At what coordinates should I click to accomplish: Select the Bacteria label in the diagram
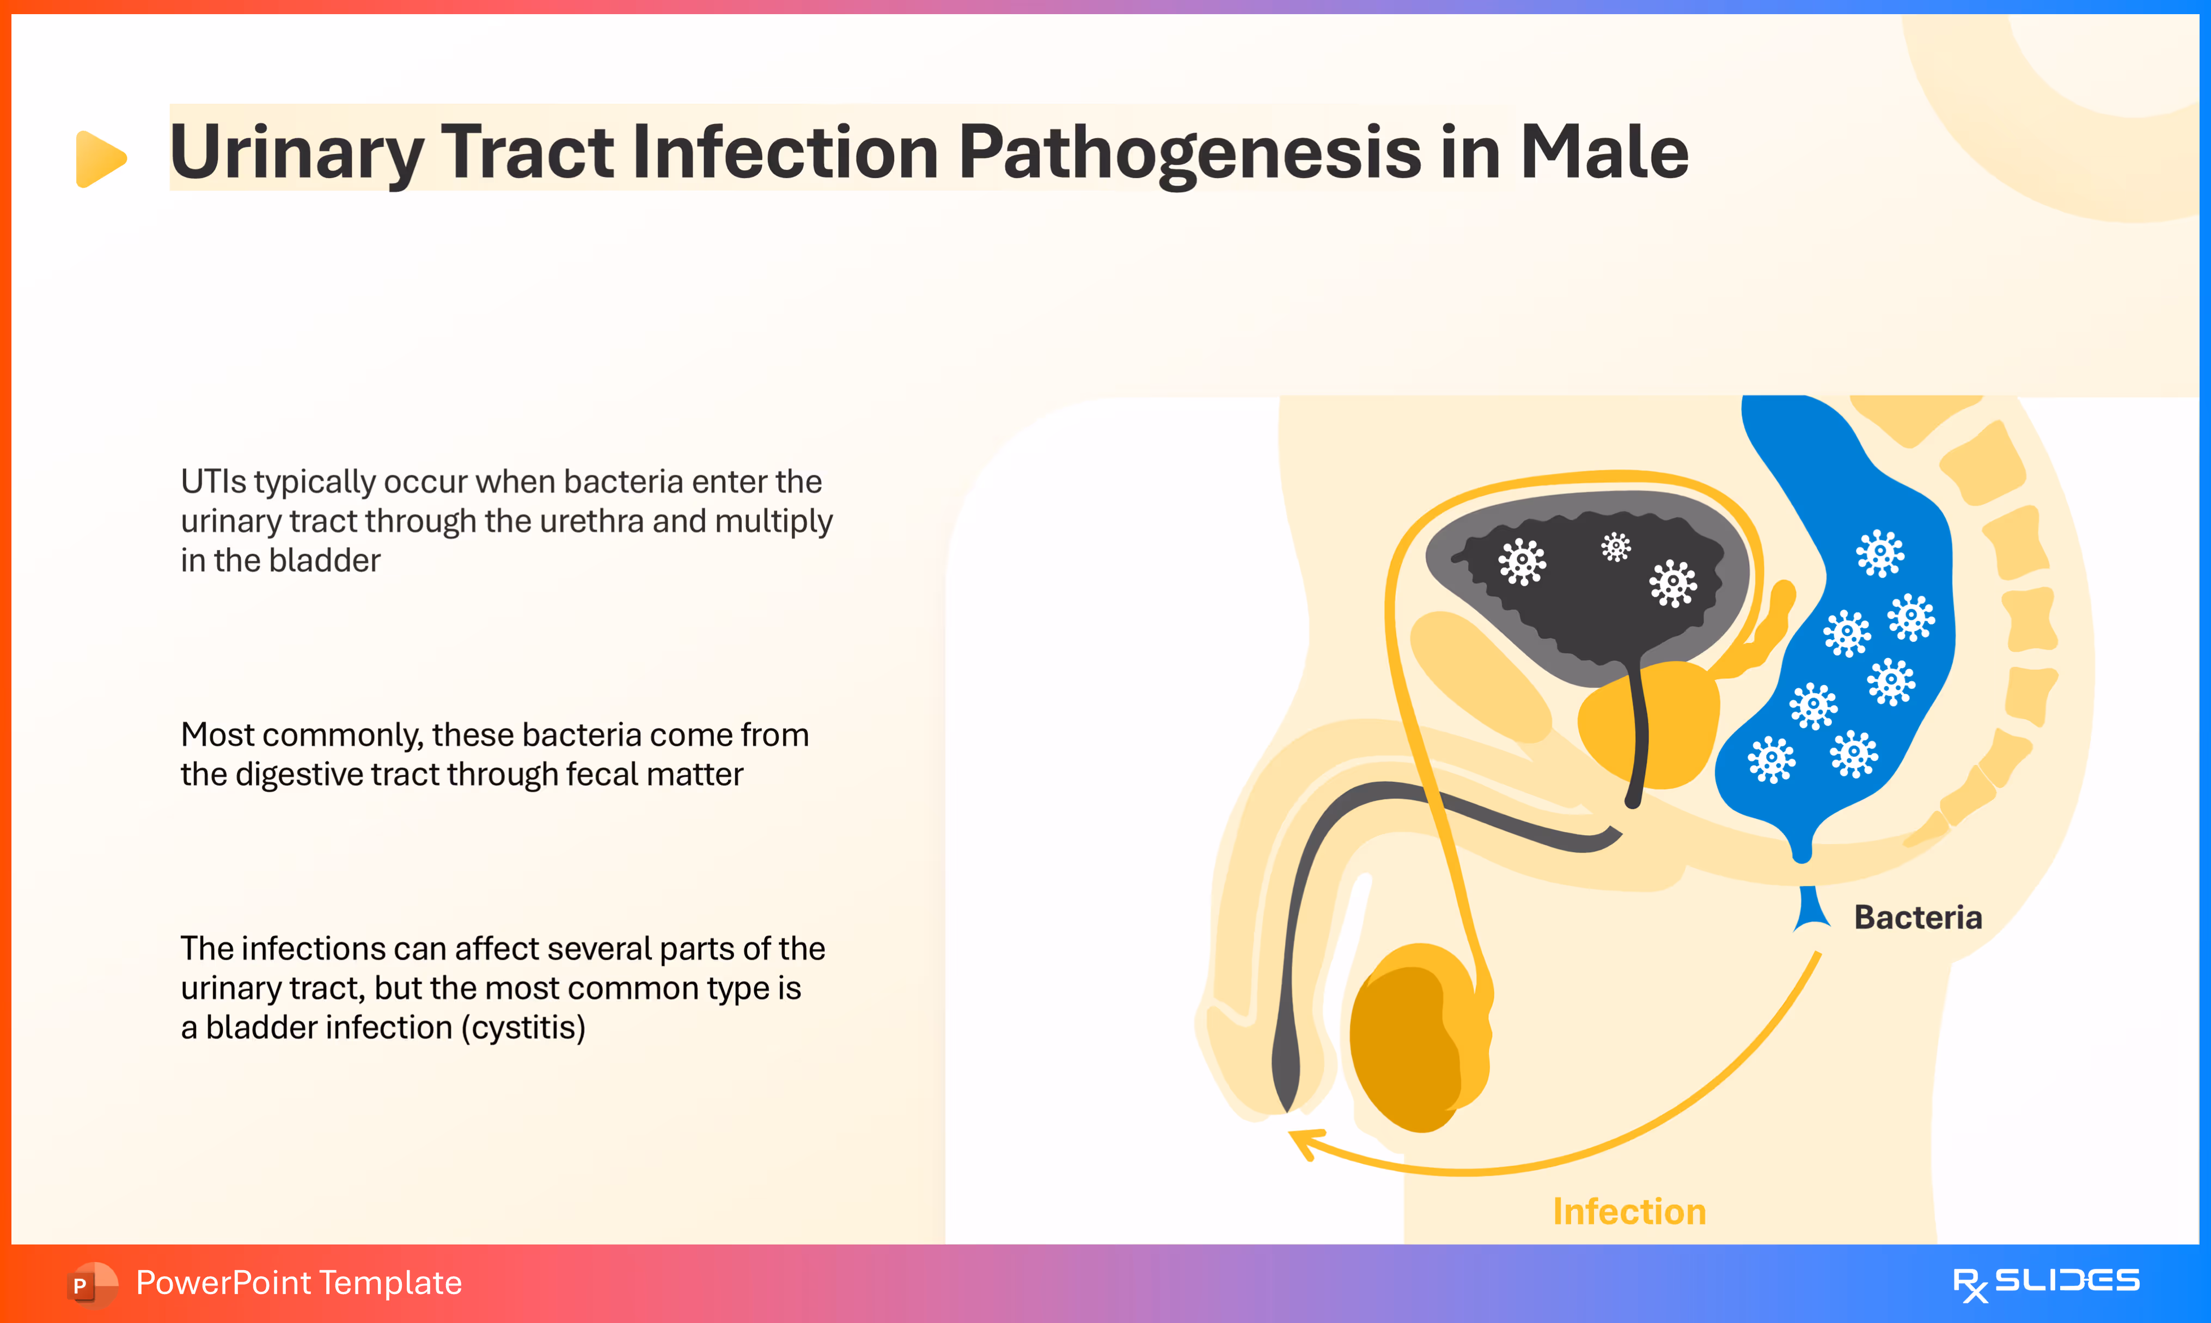[1917, 917]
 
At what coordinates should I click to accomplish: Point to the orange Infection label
[1629, 1211]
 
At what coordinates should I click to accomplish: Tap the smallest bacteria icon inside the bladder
[1615, 547]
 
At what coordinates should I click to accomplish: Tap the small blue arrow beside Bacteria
[1811, 909]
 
